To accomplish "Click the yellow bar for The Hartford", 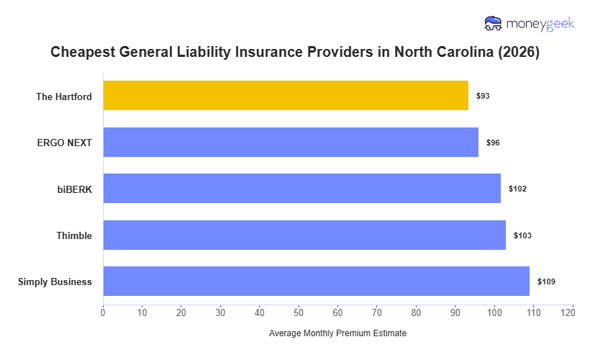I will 286,95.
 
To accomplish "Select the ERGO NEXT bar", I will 291,142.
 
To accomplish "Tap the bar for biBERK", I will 301,188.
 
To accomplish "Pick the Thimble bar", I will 304,235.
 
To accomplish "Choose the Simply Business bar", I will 316,281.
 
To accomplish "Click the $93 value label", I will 483,96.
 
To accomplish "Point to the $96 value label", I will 493,143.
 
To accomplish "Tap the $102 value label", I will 517,189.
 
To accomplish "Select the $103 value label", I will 522,235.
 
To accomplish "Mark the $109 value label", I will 546,282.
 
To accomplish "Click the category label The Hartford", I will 64,96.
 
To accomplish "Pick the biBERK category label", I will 75,189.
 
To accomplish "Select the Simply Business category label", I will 55,282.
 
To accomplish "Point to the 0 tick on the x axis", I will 103,312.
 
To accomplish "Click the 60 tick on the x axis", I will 337,312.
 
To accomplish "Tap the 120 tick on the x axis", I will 572,312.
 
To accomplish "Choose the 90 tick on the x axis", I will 455,312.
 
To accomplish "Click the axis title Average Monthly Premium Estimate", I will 337,333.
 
